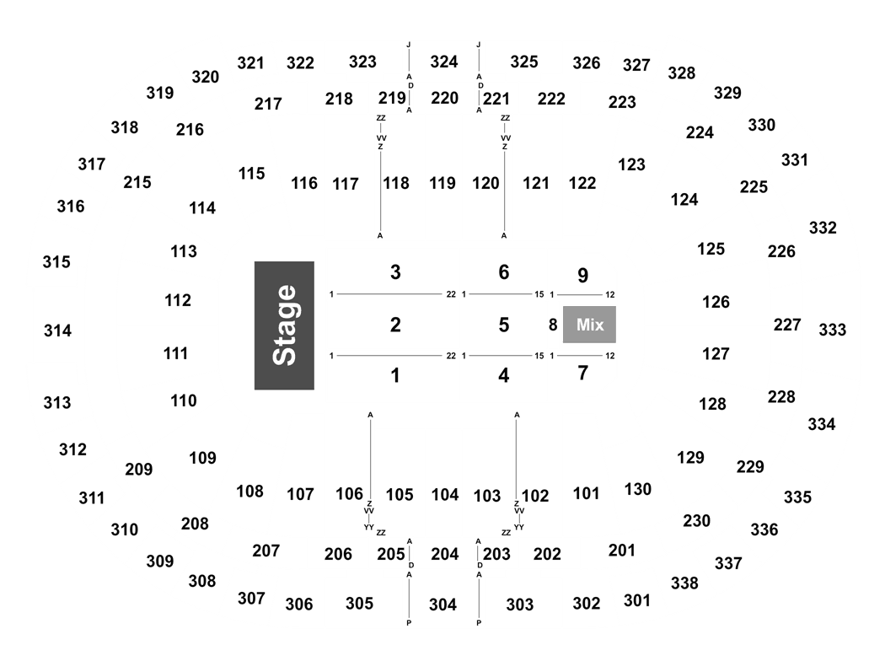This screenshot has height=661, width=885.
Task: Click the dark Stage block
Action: coord(284,325)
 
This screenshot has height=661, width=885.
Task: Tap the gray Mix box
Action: coord(589,325)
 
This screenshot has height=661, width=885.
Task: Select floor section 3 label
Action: coord(395,272)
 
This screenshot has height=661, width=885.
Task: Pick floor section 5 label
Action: coord(504,325)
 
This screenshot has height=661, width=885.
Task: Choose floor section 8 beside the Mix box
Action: coord(553,325)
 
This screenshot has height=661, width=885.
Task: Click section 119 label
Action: coord(442,183)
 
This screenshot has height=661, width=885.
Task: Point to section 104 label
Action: coord(445,494)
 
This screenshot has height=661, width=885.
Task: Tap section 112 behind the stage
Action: coord(178,300)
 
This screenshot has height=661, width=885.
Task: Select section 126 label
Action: coord(716,302)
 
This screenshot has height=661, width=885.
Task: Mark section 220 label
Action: coord(445,98)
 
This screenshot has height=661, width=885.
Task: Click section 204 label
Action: coord(445,554)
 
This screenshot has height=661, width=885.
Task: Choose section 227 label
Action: coord(787,325)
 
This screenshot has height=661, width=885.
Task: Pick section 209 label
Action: coord(139,469)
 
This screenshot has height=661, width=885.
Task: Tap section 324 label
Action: coord(444,62)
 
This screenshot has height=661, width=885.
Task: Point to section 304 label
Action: coord(442,605)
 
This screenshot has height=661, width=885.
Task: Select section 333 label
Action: coord(833,330)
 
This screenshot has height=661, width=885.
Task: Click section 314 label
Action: coord(57,330)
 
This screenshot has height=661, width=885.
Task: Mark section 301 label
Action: coord(637,600)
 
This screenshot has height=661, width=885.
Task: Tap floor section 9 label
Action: coord(583,276)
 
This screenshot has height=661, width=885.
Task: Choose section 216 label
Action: coord(190,130)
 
